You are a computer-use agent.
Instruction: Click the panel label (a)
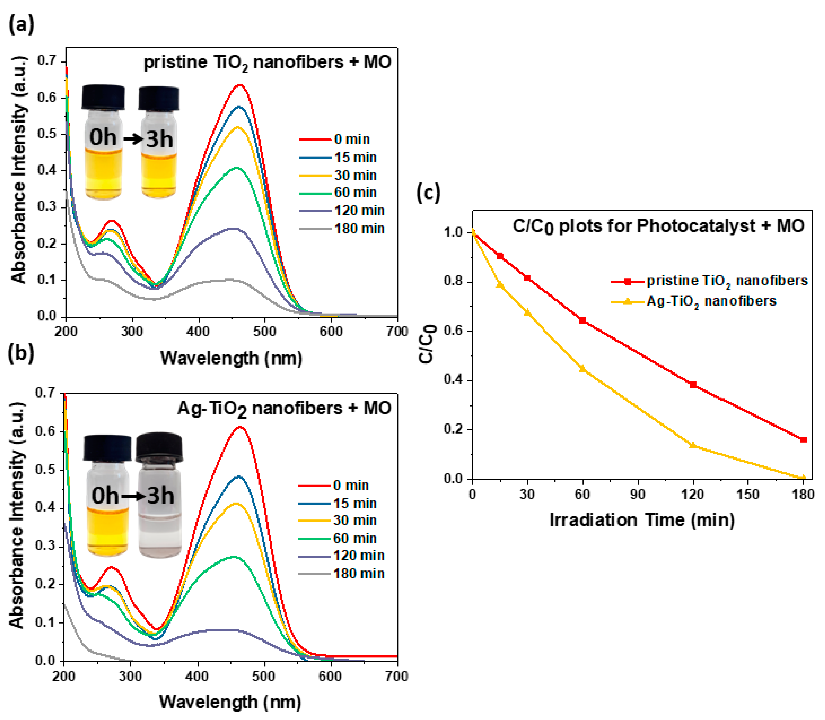coord(21,25)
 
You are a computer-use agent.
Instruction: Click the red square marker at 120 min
coord(693,385)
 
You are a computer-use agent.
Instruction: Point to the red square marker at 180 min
coord(803,440)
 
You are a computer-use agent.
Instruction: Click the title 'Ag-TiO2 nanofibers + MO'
coord(284,409)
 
